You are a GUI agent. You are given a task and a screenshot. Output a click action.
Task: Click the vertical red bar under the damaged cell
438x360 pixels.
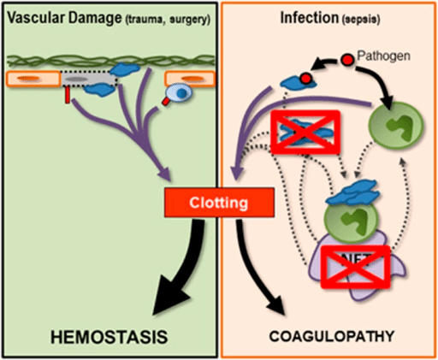pyautogui.click(x=67, y=103)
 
